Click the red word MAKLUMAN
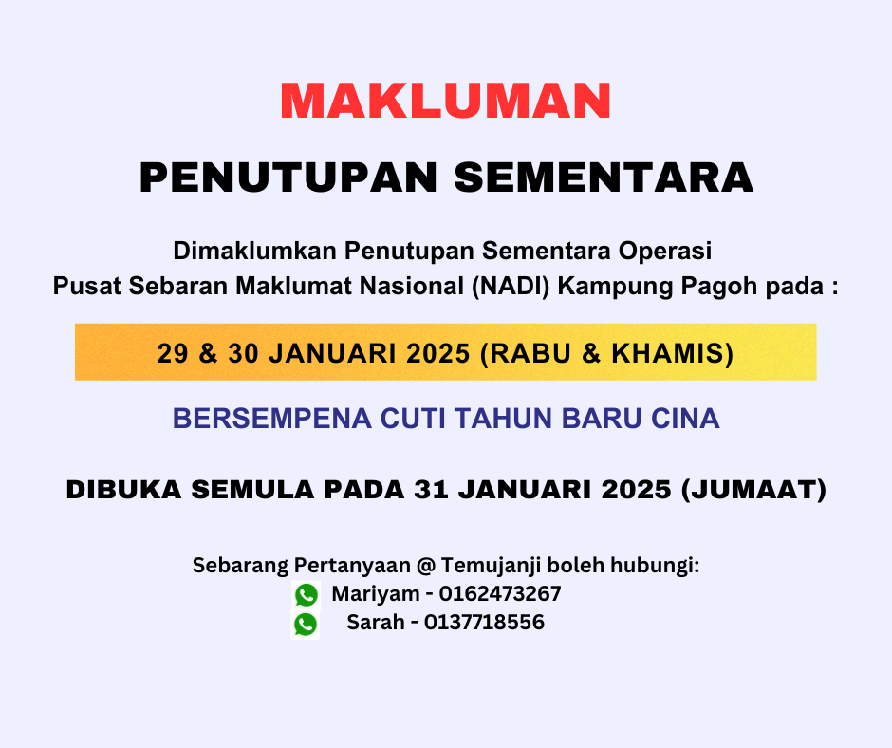[x=445, y=101]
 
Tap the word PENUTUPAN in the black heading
[x=288, y=178]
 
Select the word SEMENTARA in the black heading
[x=604, y=178]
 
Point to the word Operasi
[x=665, y=251]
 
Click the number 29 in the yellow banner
[x=173, y=353]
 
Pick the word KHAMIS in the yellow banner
[x=672, y=353]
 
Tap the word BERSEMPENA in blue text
[x=272, y=419]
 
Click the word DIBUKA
[x=124, y=490]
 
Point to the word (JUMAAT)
[x=753, y=490]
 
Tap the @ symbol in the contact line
[x=425, y=565]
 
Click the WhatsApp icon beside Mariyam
[x=307, y=595]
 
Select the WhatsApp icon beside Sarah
[x=306, y=625]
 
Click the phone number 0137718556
[x=484, y=622]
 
